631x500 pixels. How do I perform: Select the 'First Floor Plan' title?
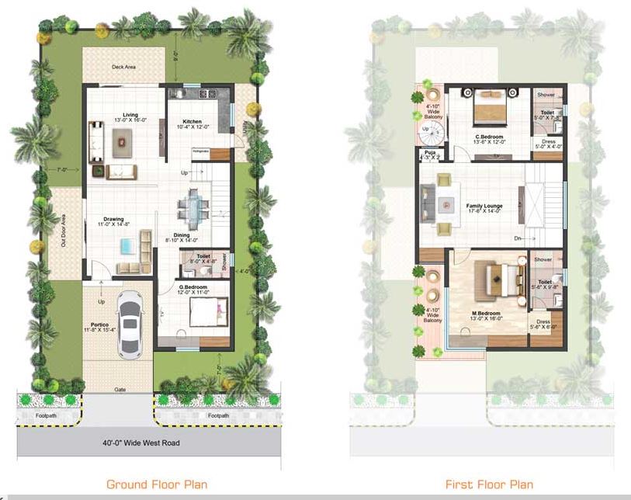click(489, 484)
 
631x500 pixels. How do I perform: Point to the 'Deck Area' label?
click(123, 67)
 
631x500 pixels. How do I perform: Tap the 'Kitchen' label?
click(192, 122)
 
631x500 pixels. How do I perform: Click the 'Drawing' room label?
click(113, 219)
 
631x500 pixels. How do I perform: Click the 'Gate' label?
click(120, 389)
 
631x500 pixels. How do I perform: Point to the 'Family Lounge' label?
click(484, 206)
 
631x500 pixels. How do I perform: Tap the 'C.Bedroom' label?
click(491, 137)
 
